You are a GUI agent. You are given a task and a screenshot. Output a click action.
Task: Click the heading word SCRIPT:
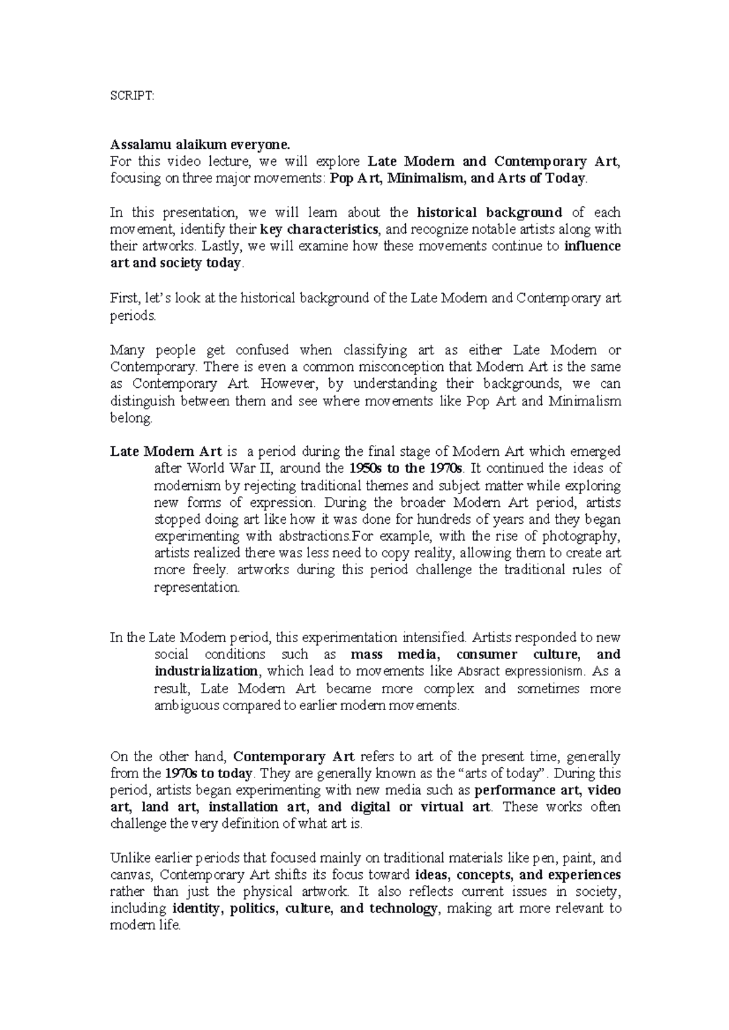click(132, 96)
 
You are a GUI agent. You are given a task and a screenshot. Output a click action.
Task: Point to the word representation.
click(197, 588)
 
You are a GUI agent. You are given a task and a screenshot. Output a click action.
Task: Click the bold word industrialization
click(207, 672)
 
